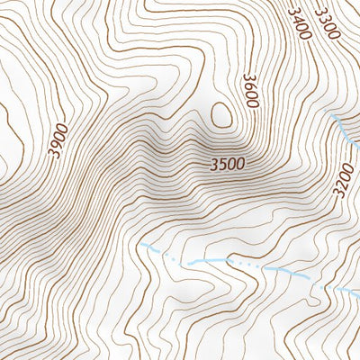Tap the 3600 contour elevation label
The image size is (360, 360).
[250, 92]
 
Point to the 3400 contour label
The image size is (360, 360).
[299, 23]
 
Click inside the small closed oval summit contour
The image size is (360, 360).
[221, 115]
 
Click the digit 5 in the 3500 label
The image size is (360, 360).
[222, 166]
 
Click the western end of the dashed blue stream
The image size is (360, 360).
[142, 244]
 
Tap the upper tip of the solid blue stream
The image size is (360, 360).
[333, 117]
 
